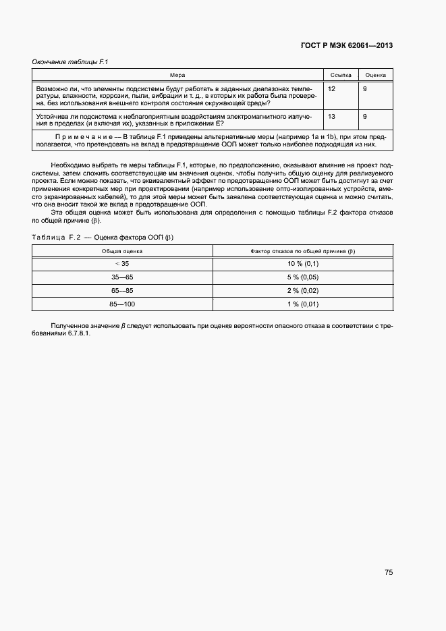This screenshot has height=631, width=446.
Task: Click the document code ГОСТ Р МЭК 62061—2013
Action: (346, 46)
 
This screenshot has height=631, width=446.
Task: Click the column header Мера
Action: (177, 75)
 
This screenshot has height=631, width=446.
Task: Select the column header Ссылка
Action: (341, 75)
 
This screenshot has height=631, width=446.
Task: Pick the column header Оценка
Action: (375, 75)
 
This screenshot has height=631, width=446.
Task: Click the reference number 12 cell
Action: (331, 89)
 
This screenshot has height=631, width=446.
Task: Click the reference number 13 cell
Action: (331, 117)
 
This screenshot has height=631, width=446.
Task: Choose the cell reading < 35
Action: (122, 263)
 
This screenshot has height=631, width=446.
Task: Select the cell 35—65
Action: (122, 277)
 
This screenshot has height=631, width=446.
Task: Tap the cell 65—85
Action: (122, 290)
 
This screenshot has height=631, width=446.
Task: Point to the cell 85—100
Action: (122, 304)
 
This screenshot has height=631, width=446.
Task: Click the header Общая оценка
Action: (122, 250)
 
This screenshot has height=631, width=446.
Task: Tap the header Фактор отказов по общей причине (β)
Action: (302, 250)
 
